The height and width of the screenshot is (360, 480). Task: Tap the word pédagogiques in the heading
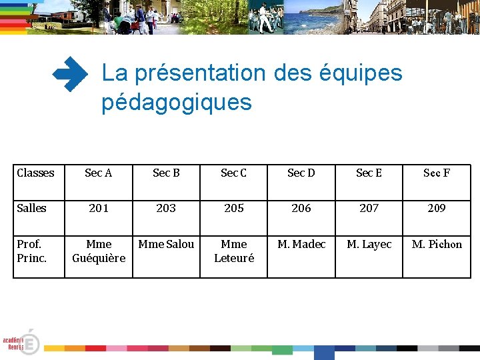[x=177, y=103]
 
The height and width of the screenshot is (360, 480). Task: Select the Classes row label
[x=35, y=173]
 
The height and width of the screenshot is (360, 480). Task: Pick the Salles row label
[x=31, y=208]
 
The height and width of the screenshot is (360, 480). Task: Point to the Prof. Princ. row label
[x=31, y=251]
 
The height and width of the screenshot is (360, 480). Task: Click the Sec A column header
[x=99, y=173]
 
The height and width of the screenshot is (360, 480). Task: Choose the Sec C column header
[x=234, y=173]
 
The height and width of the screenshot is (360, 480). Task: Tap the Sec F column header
[x=437, y=173]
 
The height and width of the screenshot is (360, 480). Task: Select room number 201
[x=99, y=208]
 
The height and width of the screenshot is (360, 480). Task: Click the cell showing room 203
[x=166, y=208]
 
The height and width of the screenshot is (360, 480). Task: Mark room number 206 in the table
[x=301, y=208]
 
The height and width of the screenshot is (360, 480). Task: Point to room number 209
[x=437, y=208]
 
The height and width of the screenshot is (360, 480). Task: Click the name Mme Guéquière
[x=99, y=251]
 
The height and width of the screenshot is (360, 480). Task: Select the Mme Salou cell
[x=166, y=244]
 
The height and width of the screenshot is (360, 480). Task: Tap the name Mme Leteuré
[x=234, y=251]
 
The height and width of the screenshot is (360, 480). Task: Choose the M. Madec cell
[x=301, y=244]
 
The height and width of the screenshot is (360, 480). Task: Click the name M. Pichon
[x=437, y=244]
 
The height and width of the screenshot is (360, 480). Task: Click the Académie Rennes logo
[x=21, y=342]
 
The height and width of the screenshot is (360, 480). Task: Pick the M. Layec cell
[x=369, y=244]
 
